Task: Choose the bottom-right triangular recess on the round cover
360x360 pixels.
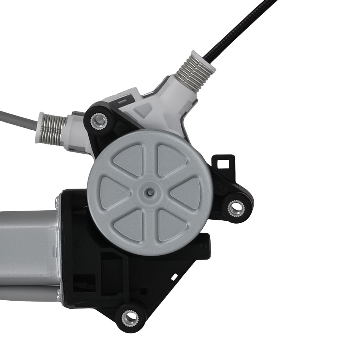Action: tap(169, 225)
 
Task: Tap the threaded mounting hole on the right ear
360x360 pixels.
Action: tap(236, 208)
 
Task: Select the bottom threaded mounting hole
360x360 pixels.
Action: tap(130, 318)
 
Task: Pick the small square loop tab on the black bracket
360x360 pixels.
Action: tap(224, 163)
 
